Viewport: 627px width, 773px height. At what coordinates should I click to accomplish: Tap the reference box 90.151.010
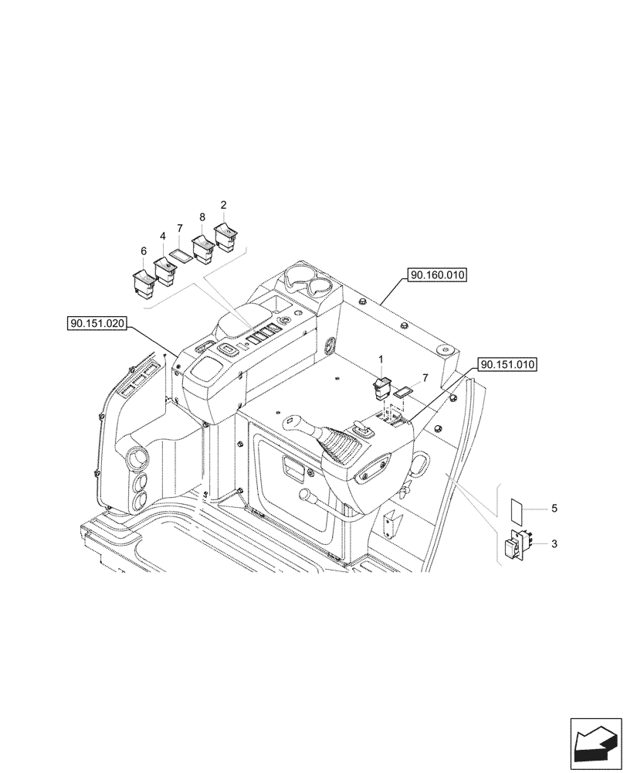click(507, 364)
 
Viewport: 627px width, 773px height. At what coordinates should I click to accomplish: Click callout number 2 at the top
click(224, 205)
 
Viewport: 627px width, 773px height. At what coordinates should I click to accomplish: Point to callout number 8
click(202, 219)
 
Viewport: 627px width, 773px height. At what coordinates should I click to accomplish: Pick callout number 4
click(163, 236)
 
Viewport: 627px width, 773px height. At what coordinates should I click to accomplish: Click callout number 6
click(143, 251)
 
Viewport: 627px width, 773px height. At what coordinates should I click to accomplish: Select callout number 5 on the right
click(554, 509)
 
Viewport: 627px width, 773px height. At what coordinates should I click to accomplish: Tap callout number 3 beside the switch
click(554, 544)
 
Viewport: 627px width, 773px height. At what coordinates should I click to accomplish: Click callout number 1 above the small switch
click(380, 359)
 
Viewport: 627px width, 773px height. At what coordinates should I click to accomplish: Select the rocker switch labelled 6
click(144, 282)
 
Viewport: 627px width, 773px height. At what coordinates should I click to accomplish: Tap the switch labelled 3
click(515, 547)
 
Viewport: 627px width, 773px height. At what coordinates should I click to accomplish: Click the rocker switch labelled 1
click(382, 386)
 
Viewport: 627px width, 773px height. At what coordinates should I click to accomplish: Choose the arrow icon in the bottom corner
click(595, 744)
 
